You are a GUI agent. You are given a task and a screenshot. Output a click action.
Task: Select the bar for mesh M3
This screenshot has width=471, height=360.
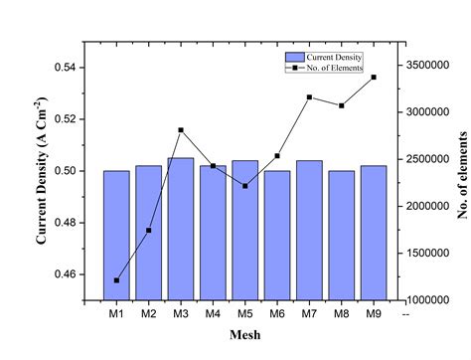click(181, 228)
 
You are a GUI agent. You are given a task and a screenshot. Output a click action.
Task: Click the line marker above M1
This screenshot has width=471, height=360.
click(116, 280)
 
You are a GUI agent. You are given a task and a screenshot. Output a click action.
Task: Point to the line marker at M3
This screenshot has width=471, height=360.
click(181, 130)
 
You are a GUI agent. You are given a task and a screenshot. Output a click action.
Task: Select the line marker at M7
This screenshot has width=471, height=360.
click(309, 97)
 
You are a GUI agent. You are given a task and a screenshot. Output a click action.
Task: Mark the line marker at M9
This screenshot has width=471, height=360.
click(374, 77)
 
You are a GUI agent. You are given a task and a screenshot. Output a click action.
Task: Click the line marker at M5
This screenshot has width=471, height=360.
click(244, 186)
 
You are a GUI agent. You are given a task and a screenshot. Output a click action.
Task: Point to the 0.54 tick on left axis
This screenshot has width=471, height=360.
click(67, 68)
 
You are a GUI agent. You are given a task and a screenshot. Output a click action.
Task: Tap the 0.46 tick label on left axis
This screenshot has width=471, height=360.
click(67, 273)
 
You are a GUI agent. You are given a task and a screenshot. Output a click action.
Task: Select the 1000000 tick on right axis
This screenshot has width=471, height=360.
click(429, 299)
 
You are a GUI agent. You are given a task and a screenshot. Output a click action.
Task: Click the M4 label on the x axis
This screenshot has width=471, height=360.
click(213, 314)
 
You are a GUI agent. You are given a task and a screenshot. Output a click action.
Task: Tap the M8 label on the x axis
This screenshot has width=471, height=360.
click(342, 314)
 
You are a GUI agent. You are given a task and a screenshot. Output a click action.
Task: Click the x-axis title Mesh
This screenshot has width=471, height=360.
click(244, 335)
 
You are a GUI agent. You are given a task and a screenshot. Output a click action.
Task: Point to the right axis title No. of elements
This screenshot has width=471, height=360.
click(462, 174)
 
